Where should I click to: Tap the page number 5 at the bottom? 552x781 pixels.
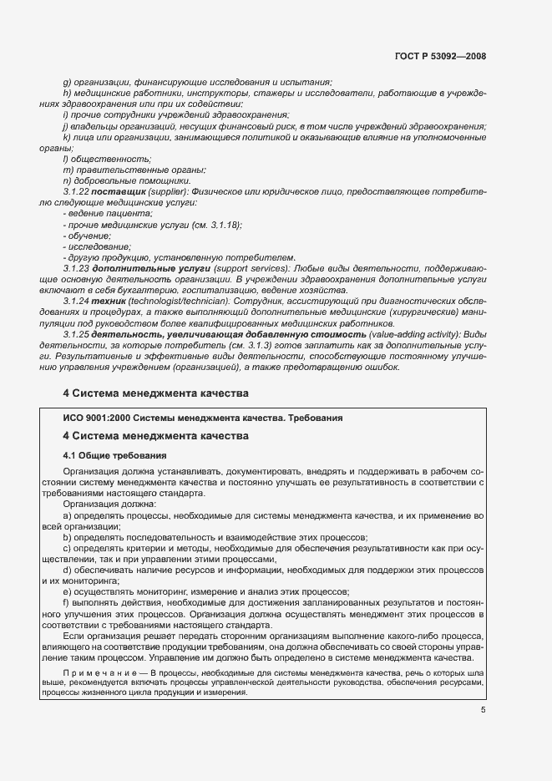coord(483,710)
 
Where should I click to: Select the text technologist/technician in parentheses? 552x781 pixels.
coord(169,300)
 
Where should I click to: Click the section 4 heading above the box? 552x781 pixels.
coord(154,392)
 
